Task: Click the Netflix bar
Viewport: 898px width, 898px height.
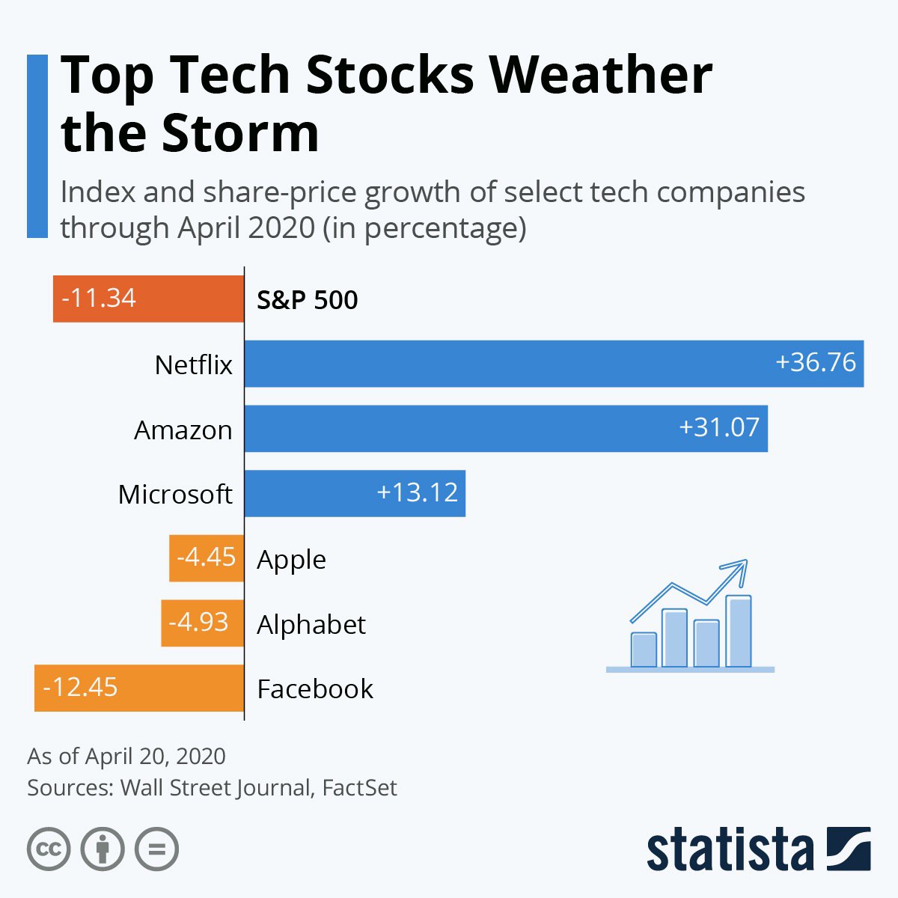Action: tap(554, 364)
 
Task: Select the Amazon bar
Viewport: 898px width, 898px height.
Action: tap(506, 429)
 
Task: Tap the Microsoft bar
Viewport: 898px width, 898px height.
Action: tap(355, 493)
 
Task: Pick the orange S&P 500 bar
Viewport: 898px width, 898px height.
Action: tap(148, 299)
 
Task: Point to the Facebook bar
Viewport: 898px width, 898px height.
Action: tap(139, 688)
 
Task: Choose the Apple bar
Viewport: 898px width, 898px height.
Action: tap(207, 558)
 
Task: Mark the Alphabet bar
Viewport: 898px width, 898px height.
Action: tap(202, 623)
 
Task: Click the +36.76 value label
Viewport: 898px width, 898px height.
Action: tap(816, 362)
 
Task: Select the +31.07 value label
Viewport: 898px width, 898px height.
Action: tap(719, 427)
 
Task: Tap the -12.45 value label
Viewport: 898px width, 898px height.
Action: tap(81, 687)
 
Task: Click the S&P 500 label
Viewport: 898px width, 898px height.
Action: tap(308, 300)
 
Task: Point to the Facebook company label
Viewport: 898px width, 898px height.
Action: tap(315, 688)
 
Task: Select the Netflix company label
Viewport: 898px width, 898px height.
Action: tap(194, 365)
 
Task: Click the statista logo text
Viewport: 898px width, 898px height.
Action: tap(730, 849)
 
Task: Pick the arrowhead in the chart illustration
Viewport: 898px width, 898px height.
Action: tap(739, 569)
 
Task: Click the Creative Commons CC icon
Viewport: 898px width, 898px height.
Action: tap(49, 849)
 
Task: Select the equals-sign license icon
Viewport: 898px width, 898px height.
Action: tap(156, 849)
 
